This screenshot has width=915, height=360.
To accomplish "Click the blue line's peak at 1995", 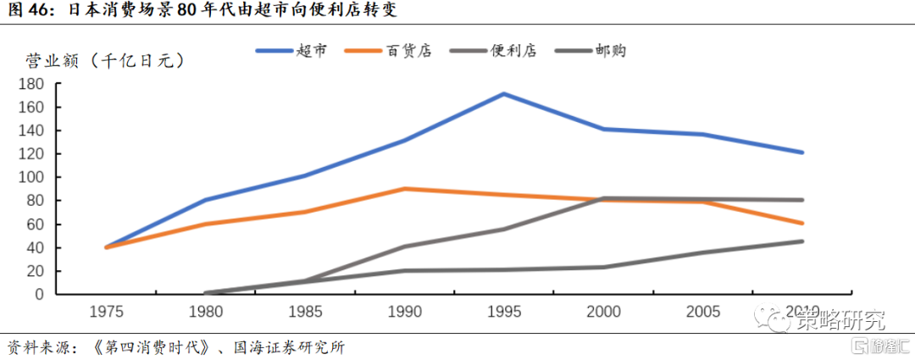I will point(503,94).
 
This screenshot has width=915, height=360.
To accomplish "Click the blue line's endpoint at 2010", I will point(801,152).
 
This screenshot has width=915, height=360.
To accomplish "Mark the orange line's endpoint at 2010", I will point(801,224).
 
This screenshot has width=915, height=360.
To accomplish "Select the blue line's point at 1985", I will point(304,176).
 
